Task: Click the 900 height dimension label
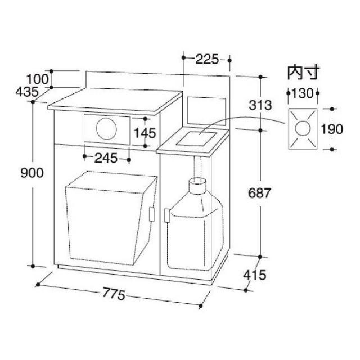pyautogui.click(x=32, y=173)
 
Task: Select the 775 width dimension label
pyautogui.click(x=114, y=294)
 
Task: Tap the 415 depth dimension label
pyautogui.click(x=255, y=275)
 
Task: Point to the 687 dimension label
pyautogui.click(x=260, y=193)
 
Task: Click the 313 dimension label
pyautogui.click(x=260, y=105)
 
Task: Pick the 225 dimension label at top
pyautogui.click(x=208, y=59)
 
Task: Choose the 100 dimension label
pyautogui.click(x=38, y=79)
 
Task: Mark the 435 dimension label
pyautogui.click(x=27, y=92)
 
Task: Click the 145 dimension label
pyautogui.click(x=145, y=133)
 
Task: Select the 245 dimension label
pyautogui.click(x=106, y=158)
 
